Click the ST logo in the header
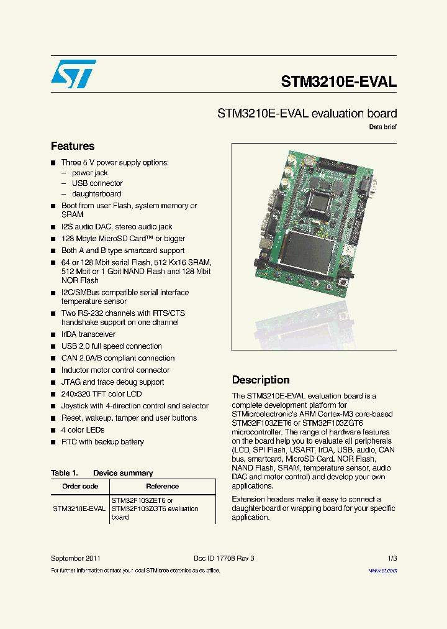coord(73,74)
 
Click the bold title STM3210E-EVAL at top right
coord(338,82)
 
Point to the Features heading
coord(73,146)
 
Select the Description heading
coord(261,380)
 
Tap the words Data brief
coord(382,127)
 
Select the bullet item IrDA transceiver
coord(88,334)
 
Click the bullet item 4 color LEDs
coord(83,430)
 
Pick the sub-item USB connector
coord(97,183)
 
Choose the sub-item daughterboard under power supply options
coord(96,194)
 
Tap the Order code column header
coord(80,486)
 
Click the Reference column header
coord(162,486)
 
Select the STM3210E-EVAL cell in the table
coord(79,508)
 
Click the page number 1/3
coord(392,558)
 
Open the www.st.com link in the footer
coord(382,571)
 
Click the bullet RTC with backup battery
coord(102,442)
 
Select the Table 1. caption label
coord(64,473)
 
